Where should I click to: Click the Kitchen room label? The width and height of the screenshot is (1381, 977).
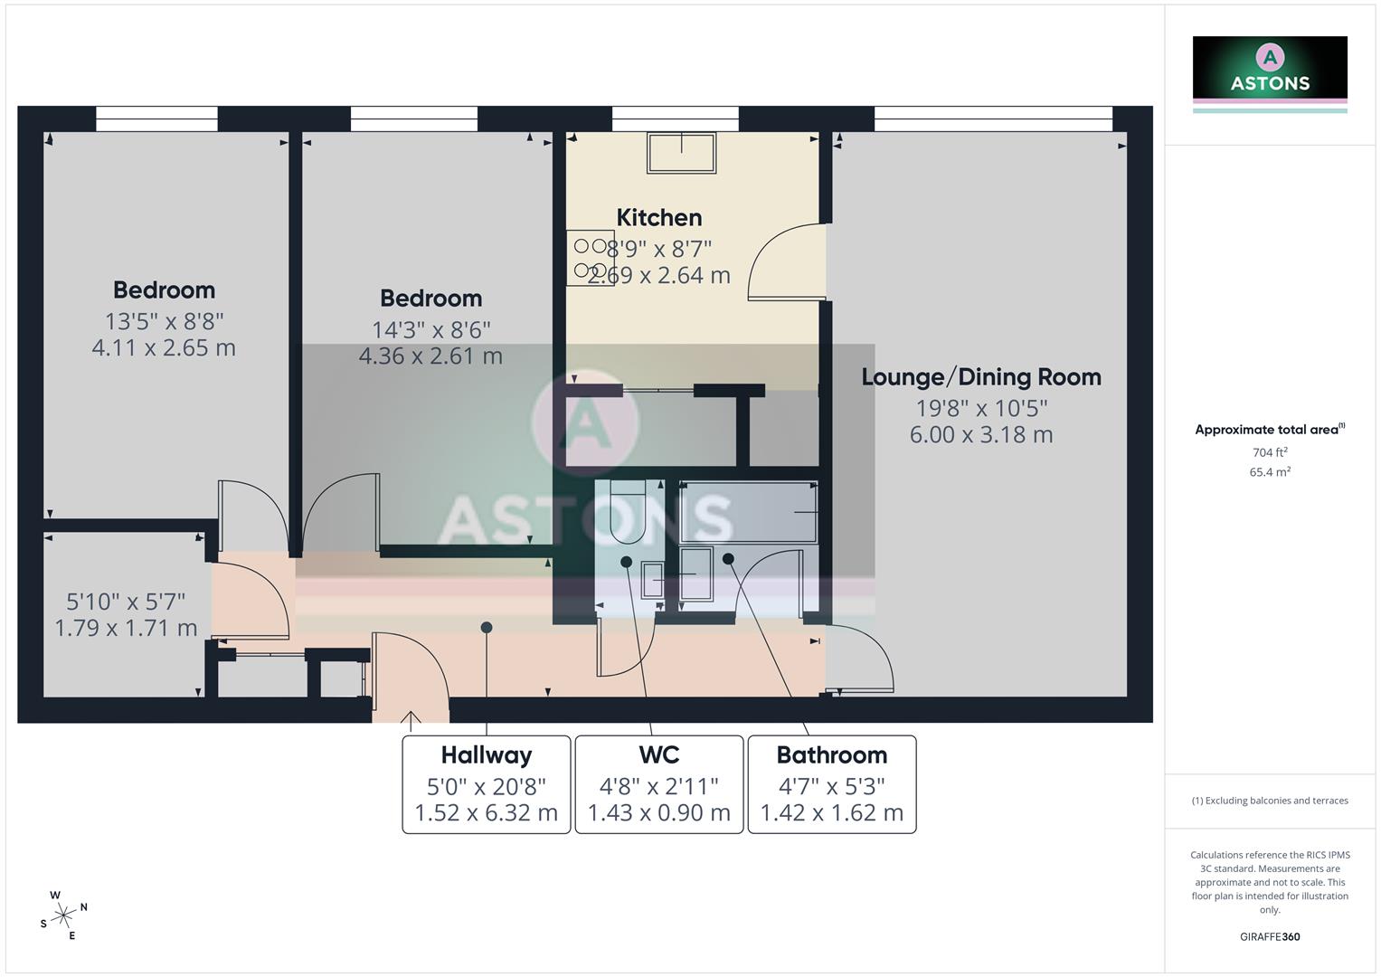[x=658, y=218]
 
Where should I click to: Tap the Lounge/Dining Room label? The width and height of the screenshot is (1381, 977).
[x=980, y=377]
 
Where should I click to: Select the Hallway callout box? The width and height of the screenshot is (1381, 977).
[x=486, y=784]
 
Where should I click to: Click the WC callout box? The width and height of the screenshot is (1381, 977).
[x=658, y=784]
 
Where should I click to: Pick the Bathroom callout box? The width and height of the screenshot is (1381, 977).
[x=831, y=784]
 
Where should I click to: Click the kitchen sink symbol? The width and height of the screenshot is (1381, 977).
[x=681, y=153]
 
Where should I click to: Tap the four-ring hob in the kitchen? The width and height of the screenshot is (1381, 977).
[x=590, y=258]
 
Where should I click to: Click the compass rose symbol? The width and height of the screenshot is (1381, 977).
[x=63, y=915]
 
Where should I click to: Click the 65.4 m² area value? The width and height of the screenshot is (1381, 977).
[x=1270, y=472]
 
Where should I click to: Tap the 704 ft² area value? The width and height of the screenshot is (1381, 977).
[x=1270, y=452]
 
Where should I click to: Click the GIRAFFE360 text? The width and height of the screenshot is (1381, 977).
[x=1270, y=937]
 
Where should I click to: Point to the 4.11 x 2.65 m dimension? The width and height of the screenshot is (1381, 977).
[x=164, y=347]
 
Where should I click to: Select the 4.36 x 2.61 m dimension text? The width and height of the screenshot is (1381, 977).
[x=430, y=356]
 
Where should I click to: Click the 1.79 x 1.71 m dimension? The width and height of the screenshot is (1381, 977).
[x=126, y=628]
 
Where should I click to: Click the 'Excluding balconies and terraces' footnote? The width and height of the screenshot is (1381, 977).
[x=1270, y=801]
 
